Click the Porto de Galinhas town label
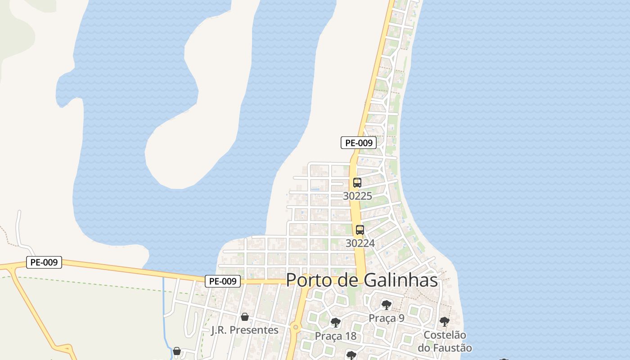coord(362,280)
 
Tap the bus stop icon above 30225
coord(357,183)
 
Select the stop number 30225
coord(357,196)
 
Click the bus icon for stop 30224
coord(360,230)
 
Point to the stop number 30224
coord(360,243)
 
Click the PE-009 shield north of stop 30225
coord(358,143)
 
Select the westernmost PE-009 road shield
coord(44,262)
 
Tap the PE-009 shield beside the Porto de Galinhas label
coord(223,281)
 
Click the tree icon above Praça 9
coord(386,305)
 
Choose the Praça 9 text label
coord(387,318)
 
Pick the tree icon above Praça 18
coord(335,323)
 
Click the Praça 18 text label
coord(335,336)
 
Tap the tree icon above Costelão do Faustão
coord(445,322)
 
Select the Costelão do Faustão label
coord(445,342)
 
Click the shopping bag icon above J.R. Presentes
coord(245,317)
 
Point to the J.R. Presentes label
coord(245,330)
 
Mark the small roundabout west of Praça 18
coord(296,328)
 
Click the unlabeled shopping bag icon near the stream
coord(177,351)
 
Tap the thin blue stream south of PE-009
coord(164,297)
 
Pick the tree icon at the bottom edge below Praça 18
coord(351,355)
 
